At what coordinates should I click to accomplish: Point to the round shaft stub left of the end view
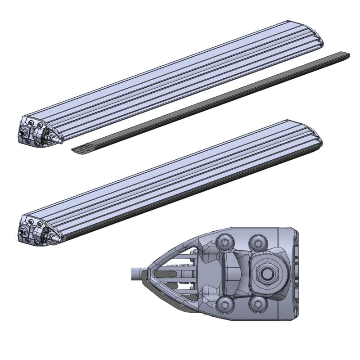click(135, 273)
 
